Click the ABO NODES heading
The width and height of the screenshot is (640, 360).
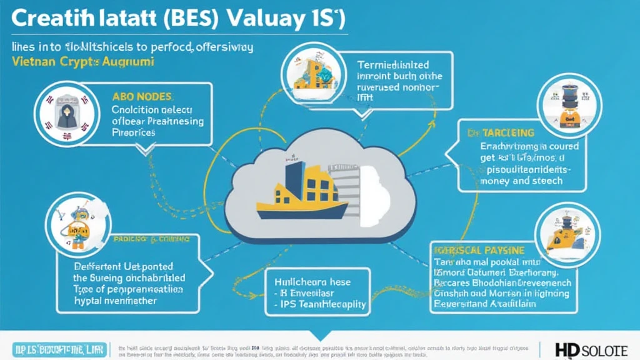[x=144, y=97]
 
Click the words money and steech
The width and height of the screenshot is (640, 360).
[x=521, y=181]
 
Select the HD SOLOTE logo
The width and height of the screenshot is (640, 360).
[x=589, y=348]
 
